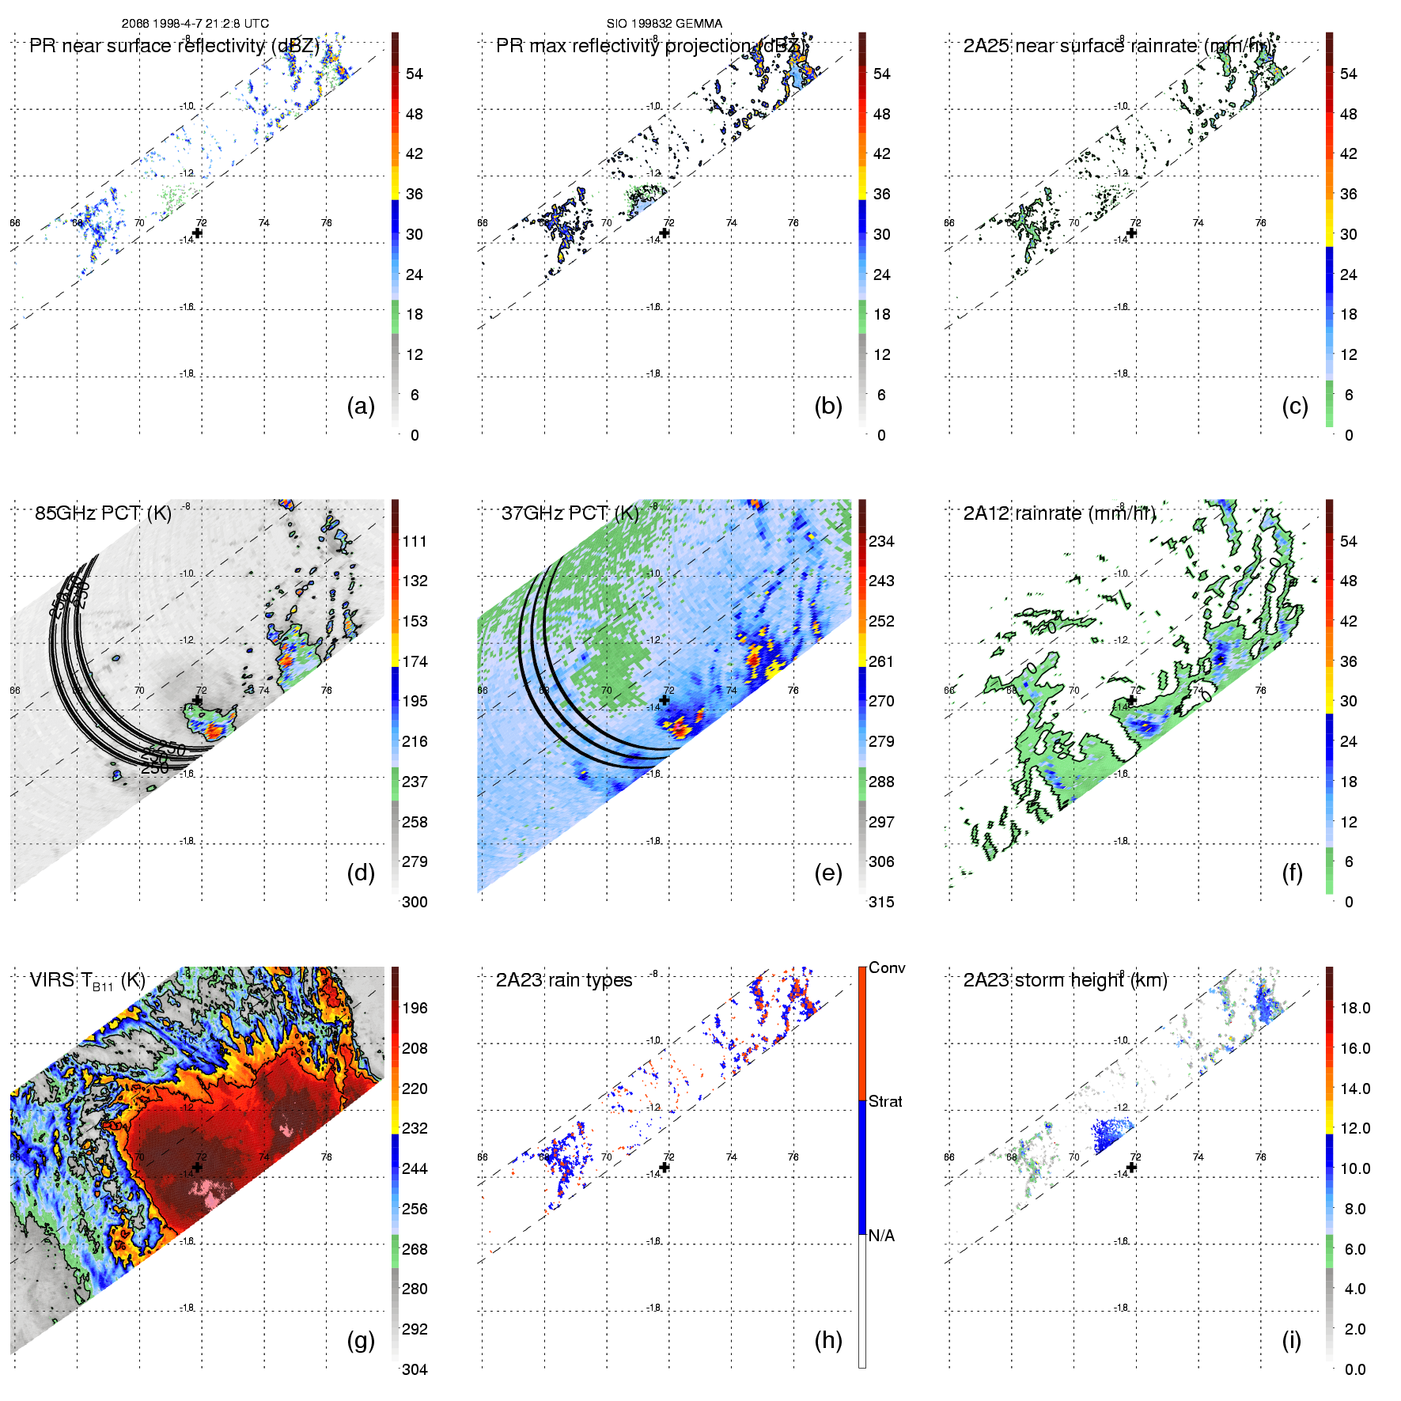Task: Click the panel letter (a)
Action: (361, 407)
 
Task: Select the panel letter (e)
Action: (827, 873)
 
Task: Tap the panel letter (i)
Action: (1291, 1341)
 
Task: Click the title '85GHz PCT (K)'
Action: (103, 513)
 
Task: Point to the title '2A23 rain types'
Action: (564, 981)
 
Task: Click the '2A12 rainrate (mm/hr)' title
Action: (1059, 513)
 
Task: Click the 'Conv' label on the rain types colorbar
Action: (887, 968)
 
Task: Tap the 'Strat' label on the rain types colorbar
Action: (885, 1102)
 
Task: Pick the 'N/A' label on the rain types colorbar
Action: (881, 1236)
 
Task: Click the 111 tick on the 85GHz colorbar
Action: (415, 542)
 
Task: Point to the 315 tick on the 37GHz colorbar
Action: (881, 903)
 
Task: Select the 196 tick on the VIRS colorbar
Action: (415, 1009)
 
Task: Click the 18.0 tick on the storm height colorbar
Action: (1355, 1009)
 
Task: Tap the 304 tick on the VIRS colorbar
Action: (415, 1369)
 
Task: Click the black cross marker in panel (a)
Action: (197, 233)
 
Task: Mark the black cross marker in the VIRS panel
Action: (197, 1168)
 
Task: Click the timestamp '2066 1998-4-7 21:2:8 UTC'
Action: (195, 24)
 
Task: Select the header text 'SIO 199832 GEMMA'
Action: (664, 24)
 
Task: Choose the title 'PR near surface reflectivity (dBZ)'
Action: (174, 46)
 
